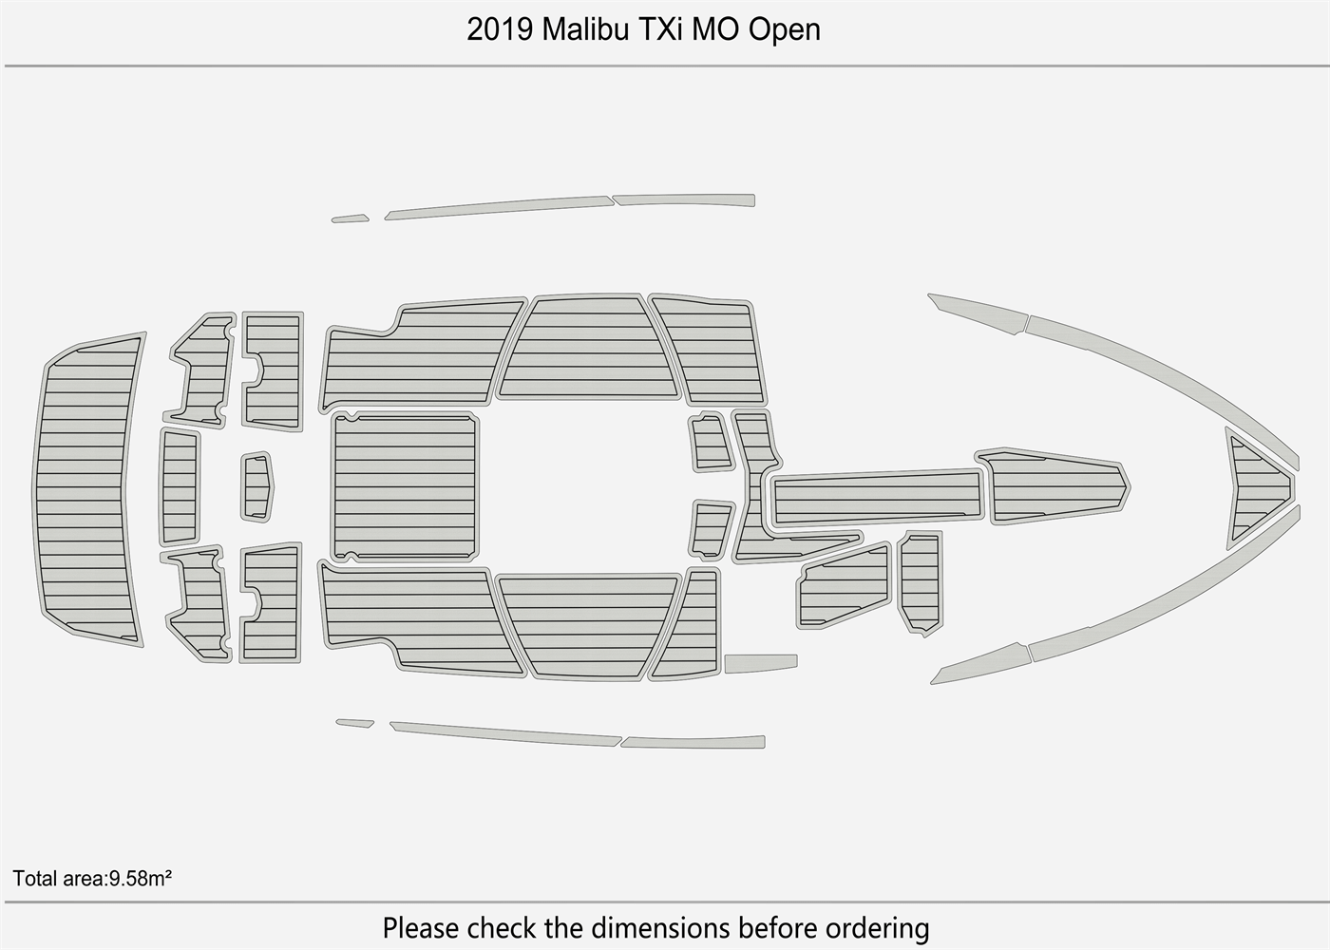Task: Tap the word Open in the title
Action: tap(784, 29)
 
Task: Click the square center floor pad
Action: tap(405, 486)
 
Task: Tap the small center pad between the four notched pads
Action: tap(256, 486)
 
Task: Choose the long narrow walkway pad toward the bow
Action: tap(877, 497)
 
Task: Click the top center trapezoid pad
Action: tap(589, 349)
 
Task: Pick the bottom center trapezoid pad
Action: tap(589, 625)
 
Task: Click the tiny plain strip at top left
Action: tap(350, 219)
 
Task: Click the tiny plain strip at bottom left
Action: tap(354, 723)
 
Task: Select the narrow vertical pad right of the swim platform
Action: tap(180, 485)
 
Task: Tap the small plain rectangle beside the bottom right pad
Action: tap(760, 662)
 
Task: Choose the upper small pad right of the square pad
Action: tap(710, 442)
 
